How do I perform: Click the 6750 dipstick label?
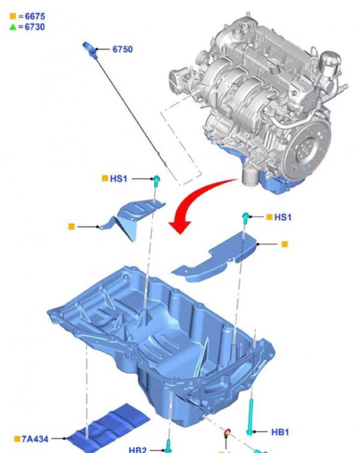pyautogui.click(x=122, y=49)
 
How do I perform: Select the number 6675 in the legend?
pyautogui.click(x=34, y=17)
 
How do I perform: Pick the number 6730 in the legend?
pyautogui.click(x=34, y=27)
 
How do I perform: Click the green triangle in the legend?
pyautogui.click(x=13, y=27)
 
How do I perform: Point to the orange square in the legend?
pyautogui.click(x=13, y=17)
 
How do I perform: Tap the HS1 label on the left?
pyautogui.click(x=118, y=179)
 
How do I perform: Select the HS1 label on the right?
pyautogui.click(x=282, y=217)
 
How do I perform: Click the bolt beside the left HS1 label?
pyautogui.click(x=156, y=180)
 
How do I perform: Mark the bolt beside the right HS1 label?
pyautogui.click(x=246, y=217)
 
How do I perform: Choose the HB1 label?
pyautogui.click(x=280, y=431)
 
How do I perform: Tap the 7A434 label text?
pyautogui.click(x=36, y=439)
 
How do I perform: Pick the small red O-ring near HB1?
pyautogui.click(x=227, y=433)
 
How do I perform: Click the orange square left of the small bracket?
pyautogui.click(x=71, y=226)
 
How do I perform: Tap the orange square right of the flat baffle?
pyautogui.click(x=284, y=244)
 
